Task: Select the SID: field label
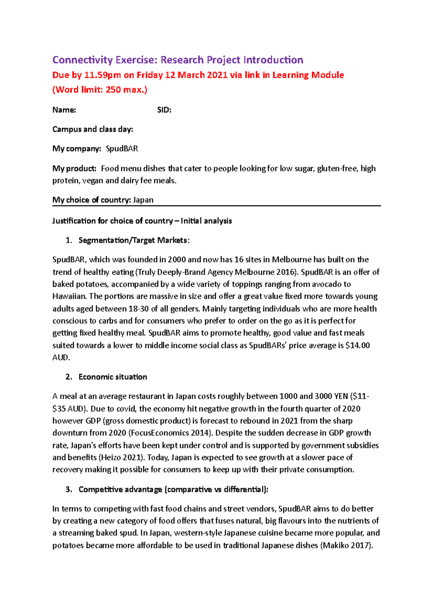pyautogui.click(x=164, y=110)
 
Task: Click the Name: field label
pyautogui.click(x=64, y=110)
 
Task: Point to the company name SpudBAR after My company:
pyautogui.click(x=122, y=149)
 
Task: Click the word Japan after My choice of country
pyautogui.click(x=143, y=200)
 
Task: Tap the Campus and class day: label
pyautogui.click(x=93, y=129)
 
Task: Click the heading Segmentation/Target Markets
pyautogui.click(x=133, y=240)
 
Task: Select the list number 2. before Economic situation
pyautogui.click(x=69, y=377)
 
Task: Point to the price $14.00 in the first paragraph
pyautogui.click(x=357, y=346)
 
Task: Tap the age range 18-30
pyautogui.click(x=138, y=309)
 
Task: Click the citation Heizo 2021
pyautogui.click(x=122, y=458)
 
